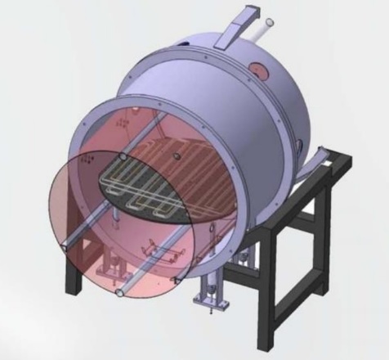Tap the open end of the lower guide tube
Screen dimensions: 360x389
pyautogui.click(x=122, y=291)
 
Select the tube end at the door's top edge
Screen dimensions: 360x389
pyautogui.click(x=122, y=155)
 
